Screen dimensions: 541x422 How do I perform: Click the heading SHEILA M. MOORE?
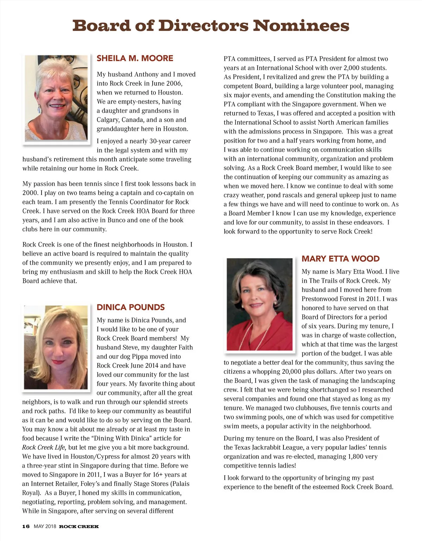coord(135,58)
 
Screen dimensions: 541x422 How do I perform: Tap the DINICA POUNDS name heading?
coord(130,307)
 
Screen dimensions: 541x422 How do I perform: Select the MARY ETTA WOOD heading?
coord(340,259)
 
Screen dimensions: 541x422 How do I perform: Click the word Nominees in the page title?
coord(301,26)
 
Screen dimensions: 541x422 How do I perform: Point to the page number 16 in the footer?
coord(26,526)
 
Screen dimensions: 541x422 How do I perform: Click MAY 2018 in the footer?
coord(45,526)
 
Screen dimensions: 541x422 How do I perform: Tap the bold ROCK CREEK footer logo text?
coord(79,526)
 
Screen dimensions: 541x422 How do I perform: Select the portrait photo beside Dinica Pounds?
coord(56,347)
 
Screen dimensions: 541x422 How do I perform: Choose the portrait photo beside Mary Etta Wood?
coord(260,304)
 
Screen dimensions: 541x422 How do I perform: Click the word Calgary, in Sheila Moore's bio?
coord(108,120)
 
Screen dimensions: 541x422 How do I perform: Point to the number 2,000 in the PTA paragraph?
coord(352,68)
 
